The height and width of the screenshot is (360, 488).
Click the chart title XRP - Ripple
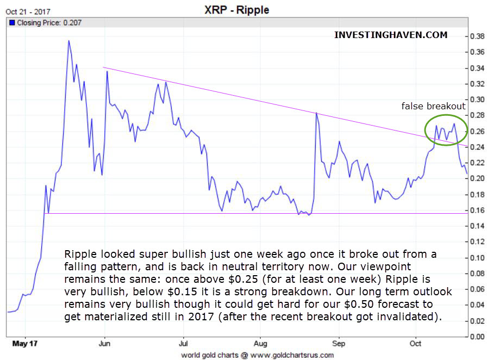tap(244, 10)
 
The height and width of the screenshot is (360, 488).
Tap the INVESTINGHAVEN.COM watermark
tap(391, 35)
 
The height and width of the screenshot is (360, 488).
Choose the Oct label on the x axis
tap(416, 344)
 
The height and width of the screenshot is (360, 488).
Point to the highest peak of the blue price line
tap(68, 41)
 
